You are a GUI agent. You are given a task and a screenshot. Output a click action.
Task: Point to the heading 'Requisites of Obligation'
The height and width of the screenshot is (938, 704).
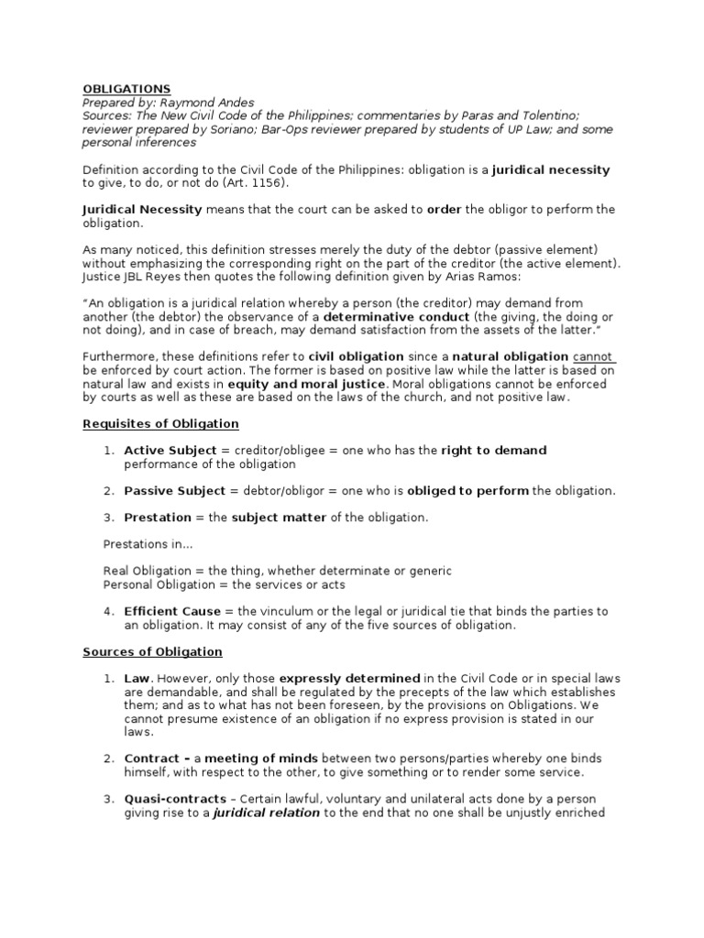click(x=160, y=424)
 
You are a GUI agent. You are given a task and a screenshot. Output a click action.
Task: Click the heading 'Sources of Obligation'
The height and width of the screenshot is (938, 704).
click(x=152, y=652)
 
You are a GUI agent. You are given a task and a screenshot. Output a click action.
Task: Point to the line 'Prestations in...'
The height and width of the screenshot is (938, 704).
click(x=148, y=544)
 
